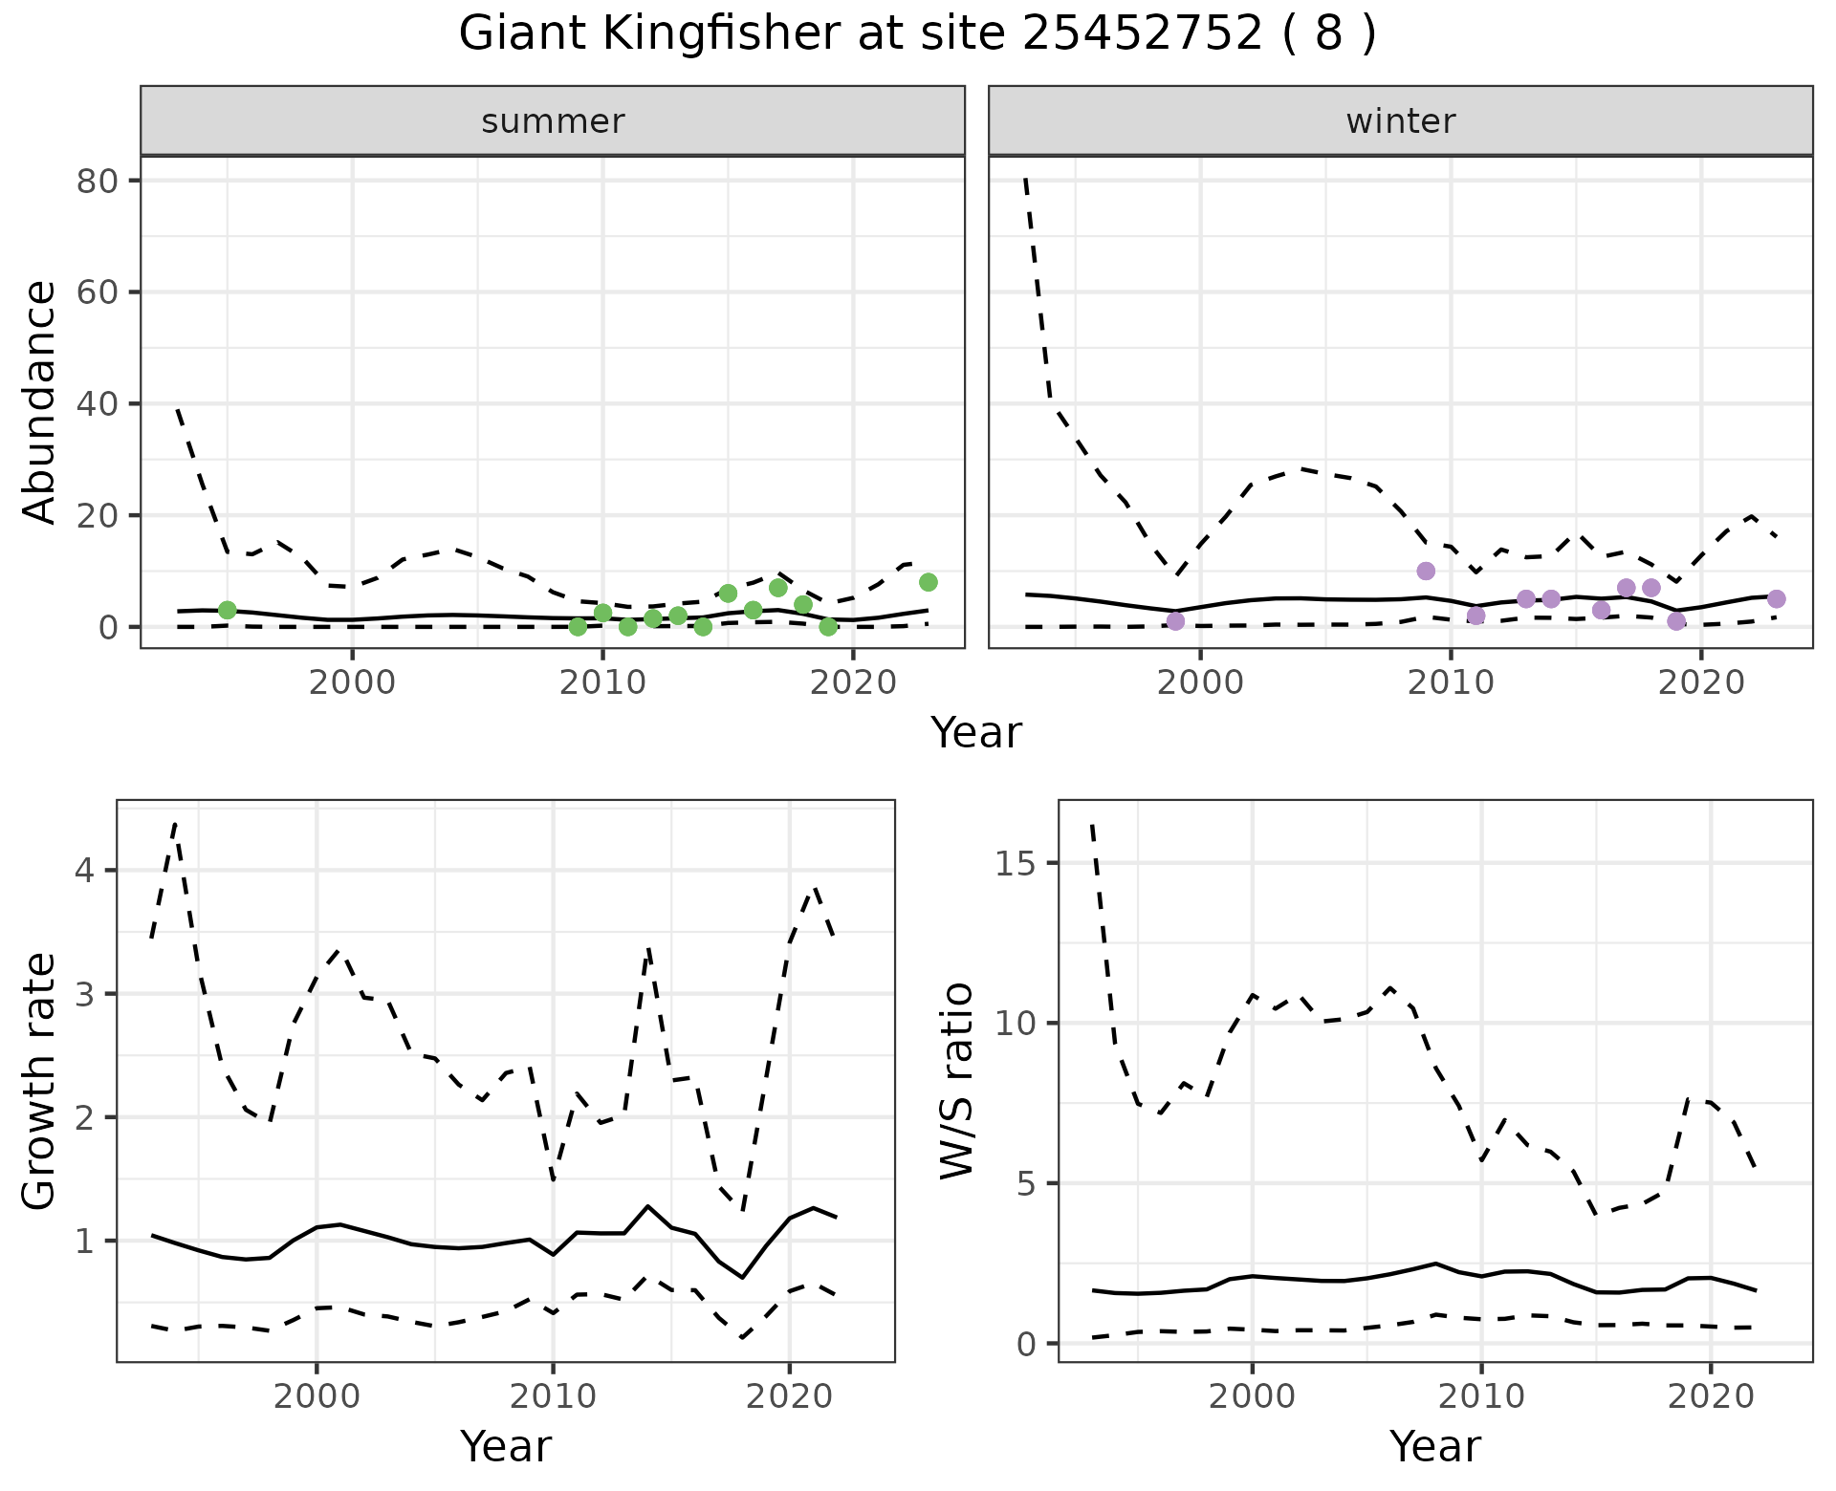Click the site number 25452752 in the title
pos(1143,34)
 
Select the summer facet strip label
pos(553,121)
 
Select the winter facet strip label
pos(1400,121)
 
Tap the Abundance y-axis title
pos(40,401)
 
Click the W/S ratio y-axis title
pos(956,1081)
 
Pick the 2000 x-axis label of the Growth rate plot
pos(317,1396)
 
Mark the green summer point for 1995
pos(227,610)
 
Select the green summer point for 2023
pos(928,582)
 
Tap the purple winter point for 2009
pos(1426,571)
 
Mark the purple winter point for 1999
pos(1175,621)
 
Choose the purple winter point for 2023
pos(1776,598)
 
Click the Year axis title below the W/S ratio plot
pos(1434,1446)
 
